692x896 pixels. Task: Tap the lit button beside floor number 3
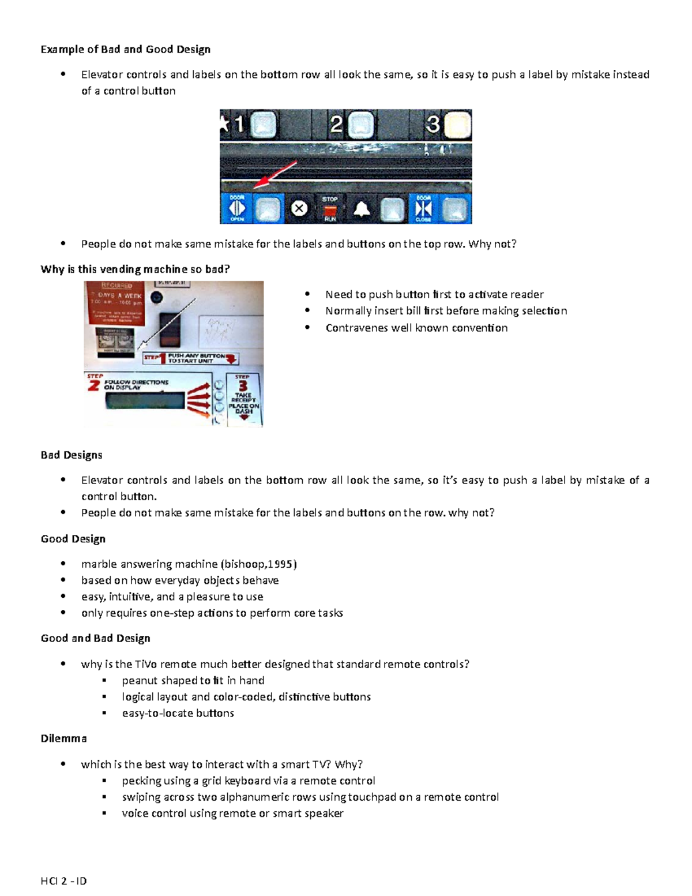click(458, 125)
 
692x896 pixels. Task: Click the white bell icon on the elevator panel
click(362, 209)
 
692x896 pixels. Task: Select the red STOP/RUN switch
click(330, 209)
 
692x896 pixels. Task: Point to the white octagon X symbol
click(299, 208)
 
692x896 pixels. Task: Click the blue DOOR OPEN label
click(237, 208)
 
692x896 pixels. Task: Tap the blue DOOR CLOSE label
click(424, 208)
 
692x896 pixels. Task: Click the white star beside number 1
click(224, 123)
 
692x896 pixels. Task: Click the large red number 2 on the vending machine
click(94, 385)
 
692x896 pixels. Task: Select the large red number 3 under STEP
click(243, 386)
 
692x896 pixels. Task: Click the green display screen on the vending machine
click(145, 400)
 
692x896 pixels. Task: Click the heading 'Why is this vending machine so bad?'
click(135, 269)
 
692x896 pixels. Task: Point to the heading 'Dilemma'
click(63, 738)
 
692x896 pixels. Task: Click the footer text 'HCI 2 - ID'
click(63, 881)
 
